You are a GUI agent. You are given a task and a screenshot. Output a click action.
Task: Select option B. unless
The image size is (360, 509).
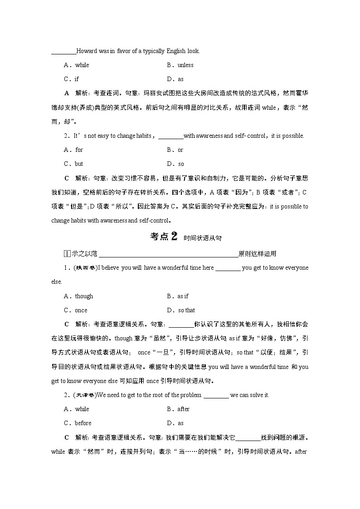[x=180, y=65]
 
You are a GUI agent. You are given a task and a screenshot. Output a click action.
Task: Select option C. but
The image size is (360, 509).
[x=73, y=164]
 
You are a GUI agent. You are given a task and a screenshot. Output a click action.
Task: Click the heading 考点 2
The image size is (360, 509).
[x=163, y=237]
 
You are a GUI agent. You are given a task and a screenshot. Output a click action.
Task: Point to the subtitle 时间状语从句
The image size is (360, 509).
[x=203, y=238]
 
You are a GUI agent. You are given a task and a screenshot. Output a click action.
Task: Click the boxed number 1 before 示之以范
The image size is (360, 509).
[x=66, y=254]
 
